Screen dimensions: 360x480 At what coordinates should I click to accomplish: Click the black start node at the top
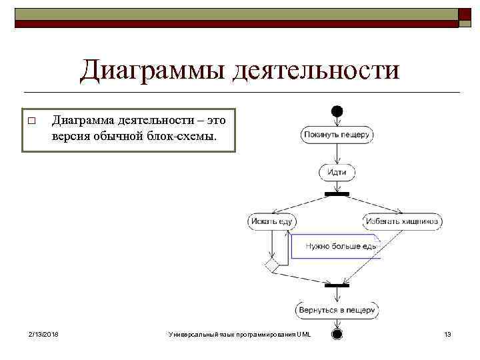tap(337, 110)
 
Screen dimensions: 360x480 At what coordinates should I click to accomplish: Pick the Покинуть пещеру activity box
tap(337, 135)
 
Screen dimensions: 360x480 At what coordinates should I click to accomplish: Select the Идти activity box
tap(337, 172)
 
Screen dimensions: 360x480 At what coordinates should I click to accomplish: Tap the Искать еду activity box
tap(272, 221)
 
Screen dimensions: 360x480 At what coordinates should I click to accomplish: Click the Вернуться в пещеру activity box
tap(337, 310)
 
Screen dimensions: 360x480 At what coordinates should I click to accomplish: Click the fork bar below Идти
tap(337, 194)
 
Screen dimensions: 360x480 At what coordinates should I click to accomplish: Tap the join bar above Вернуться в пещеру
tap(337, 285)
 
